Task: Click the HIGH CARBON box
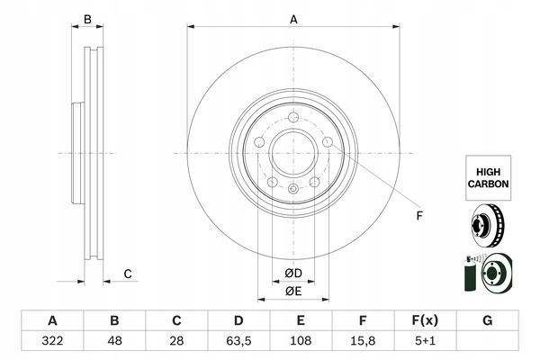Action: [488, 175]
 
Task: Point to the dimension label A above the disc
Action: [293, 19]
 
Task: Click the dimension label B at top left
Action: [87, 19]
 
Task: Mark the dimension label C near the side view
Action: [128, 274]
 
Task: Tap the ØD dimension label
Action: [293, 274]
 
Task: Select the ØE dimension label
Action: [293, 291]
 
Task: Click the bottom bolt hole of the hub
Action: [293, 189]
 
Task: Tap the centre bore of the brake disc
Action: [293, 150]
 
